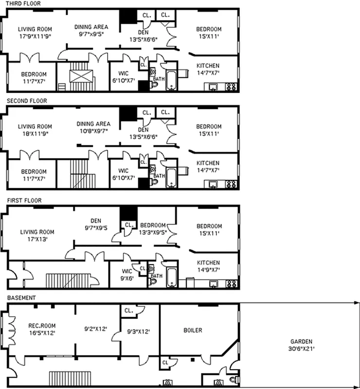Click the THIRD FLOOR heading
(20, 3)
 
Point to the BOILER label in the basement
(193, 330)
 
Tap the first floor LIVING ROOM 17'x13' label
(37, 235)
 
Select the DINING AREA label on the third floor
(91, 30)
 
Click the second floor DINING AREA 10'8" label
(93, 127)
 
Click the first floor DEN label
(95, 222)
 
